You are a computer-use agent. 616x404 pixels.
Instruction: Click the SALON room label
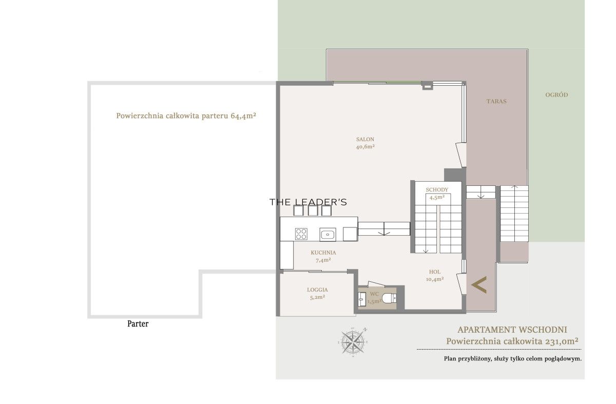click(365, 139)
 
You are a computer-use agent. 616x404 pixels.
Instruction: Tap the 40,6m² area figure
click(365, 147)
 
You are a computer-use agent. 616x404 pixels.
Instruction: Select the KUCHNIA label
click(323, 253)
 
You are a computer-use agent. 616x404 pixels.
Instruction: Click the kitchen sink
click(328, 235)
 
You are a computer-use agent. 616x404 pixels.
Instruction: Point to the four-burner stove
click(301, 234)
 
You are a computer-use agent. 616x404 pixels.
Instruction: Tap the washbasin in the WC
click(361, 299)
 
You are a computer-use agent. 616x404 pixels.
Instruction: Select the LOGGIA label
click(317, 290)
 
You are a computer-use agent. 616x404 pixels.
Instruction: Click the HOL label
click(435, 272)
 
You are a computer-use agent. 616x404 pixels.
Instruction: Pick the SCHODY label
click(437, 190)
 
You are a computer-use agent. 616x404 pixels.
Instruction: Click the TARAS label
click(496, 101)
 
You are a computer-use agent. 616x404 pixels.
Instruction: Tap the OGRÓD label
click(556, 94)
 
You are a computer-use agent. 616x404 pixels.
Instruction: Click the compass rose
click(353, 342)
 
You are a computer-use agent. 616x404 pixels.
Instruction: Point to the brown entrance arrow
click(479, 284)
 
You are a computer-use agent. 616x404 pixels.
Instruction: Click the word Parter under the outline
click(138, 324)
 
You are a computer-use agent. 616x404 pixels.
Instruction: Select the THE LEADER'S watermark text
click(308, 202)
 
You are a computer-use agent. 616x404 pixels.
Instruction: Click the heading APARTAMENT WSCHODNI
click(512, 330)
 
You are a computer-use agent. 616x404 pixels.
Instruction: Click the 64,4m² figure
click(243, 116)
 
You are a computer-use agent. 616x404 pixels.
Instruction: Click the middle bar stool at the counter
click(313, 210)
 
